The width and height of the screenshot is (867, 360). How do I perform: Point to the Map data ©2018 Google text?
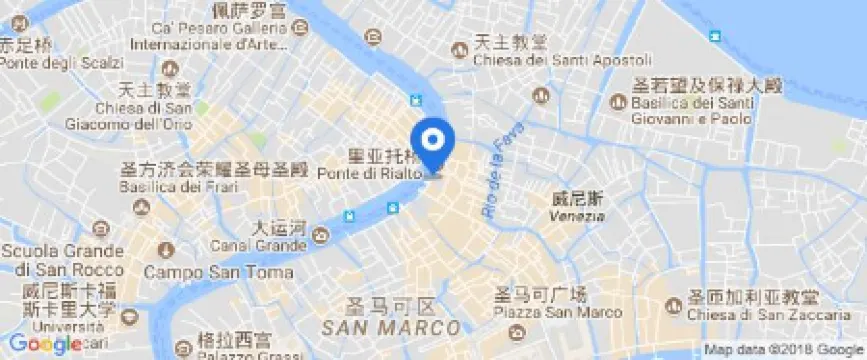coord(782,350)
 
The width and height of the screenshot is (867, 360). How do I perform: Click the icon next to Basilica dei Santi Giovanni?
coord(618,102)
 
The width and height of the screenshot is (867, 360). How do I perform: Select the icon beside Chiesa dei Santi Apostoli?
coord(462,50)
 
